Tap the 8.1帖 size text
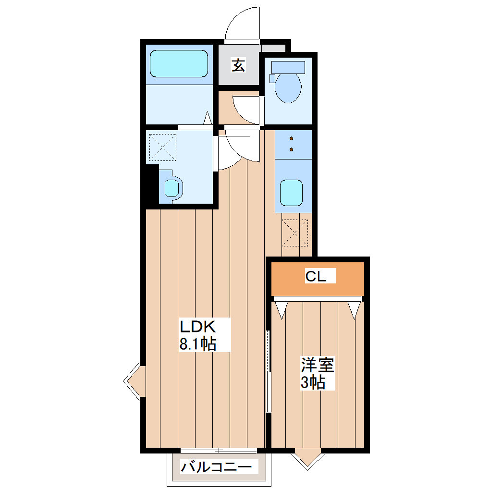point(197,344)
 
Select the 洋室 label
point(317,365)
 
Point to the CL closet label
point(316,277)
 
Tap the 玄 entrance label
point(238,65)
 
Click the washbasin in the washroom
point(171,187)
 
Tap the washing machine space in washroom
point(162,147)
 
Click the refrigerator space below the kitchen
point(295,232)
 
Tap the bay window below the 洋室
point(307,457)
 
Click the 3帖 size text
point(313,383)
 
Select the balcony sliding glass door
point(219,450)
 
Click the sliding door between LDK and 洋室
point(268,370)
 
